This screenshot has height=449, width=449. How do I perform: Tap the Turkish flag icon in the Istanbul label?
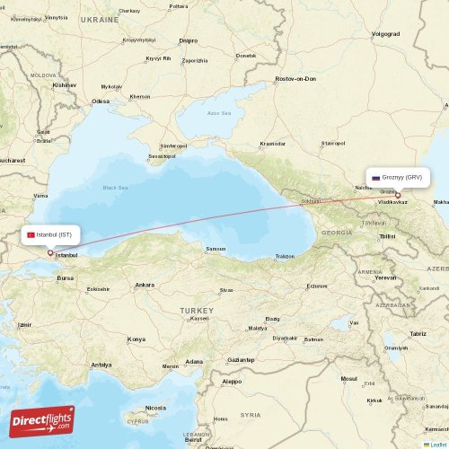coord(31,234)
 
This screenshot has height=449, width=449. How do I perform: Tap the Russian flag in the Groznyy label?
coord(375,178)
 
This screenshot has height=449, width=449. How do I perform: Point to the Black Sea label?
coord(115,187)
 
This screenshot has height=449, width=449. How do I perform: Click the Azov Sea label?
coord(219,113)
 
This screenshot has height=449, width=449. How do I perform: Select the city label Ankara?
coord(144,285)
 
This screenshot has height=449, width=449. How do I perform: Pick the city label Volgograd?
coord(384,34)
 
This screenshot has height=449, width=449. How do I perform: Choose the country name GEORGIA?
coord(337,232)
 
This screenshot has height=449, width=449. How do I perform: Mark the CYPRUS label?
coord(138,420)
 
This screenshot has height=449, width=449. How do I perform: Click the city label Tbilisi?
coord(387,235)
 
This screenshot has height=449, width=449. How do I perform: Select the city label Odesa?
coord(100,101)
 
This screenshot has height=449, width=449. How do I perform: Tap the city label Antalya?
coord(101,365)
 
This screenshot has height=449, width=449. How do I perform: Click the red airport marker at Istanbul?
coord(50,252)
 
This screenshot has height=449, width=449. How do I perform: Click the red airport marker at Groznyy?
coord(398,194)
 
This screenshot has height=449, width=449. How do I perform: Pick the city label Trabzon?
coord(285,256)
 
